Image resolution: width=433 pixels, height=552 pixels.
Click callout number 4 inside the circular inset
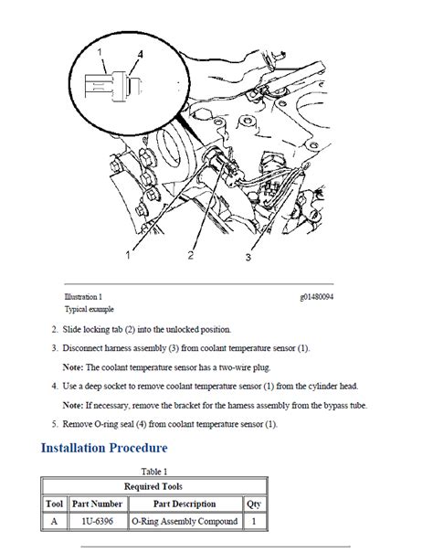[140, 54]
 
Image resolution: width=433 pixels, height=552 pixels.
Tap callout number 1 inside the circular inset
[100, 52]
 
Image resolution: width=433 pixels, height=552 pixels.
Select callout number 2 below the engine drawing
[191, 255]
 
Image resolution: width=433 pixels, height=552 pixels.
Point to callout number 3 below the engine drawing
[248, 258]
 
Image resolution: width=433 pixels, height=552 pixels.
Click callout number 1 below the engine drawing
[128, 255]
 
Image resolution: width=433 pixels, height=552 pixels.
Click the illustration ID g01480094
[317, 297]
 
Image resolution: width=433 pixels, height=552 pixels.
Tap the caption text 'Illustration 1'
[83, 297]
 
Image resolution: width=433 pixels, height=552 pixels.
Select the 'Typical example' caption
[90, 309]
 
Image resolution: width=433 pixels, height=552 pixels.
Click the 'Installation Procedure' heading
[104, 448]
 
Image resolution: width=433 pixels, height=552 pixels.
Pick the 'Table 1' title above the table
[154, 472]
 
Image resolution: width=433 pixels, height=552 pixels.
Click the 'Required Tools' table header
[153, 486]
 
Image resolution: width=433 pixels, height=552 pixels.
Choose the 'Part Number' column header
[97, 504]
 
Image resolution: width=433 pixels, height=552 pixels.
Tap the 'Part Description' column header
[185, 504]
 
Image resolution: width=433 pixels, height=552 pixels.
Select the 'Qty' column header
[254, 504]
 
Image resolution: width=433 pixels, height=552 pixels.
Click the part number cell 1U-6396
[97, 521]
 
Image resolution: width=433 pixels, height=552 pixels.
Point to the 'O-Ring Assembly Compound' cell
[185, 521]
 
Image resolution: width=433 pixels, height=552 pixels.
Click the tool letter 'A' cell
[54, 521]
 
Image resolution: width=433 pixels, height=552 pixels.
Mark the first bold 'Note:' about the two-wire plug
[73, 367]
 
